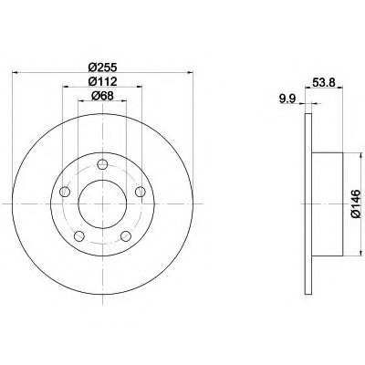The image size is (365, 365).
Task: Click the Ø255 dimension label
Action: coord(102,67)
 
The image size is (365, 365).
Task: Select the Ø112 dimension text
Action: coord(102,81)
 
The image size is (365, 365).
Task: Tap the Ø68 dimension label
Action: coord(102,96)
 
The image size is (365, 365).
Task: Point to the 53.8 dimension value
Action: coord(324,81)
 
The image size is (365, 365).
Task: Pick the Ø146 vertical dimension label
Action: coord(356,203)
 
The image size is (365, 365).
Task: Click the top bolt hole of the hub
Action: coord(102,164)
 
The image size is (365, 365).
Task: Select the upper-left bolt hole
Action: coord(65,192)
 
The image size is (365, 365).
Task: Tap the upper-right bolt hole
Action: coord(140,192)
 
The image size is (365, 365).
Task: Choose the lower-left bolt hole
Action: coord(79,235)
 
